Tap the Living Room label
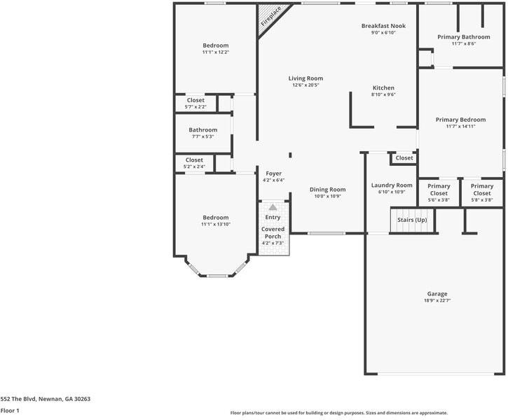coord(306,78)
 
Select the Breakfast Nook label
coord(383,26)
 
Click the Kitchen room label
coord(383,88)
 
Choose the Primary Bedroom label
coord(460,120)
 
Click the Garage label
coord(437,294)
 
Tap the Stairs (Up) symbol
coord(412,220)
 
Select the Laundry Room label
coord(392,185)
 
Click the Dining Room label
coord(328,190)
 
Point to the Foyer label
coord(273,174)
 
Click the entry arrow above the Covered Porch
coord(273,207)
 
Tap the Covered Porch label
coord(273,232)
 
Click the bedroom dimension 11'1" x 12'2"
coord(216,52)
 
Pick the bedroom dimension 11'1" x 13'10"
coord(216,224)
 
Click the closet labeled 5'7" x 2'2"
coord(195,107)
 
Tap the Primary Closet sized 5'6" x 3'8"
coord(439,199)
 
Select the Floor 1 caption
coord(10,411)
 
